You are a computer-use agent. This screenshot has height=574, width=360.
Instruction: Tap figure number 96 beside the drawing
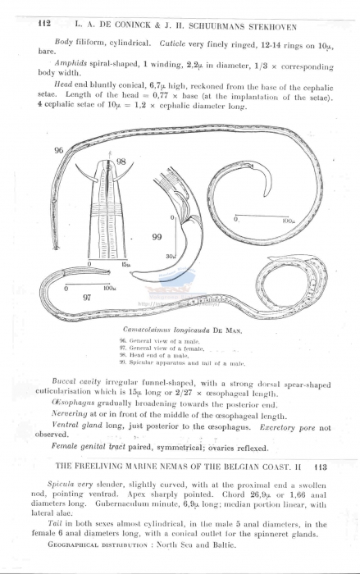(58, 151)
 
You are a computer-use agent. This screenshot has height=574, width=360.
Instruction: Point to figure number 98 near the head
(121, 162)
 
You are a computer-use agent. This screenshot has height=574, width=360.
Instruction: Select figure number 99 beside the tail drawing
(157, 236)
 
